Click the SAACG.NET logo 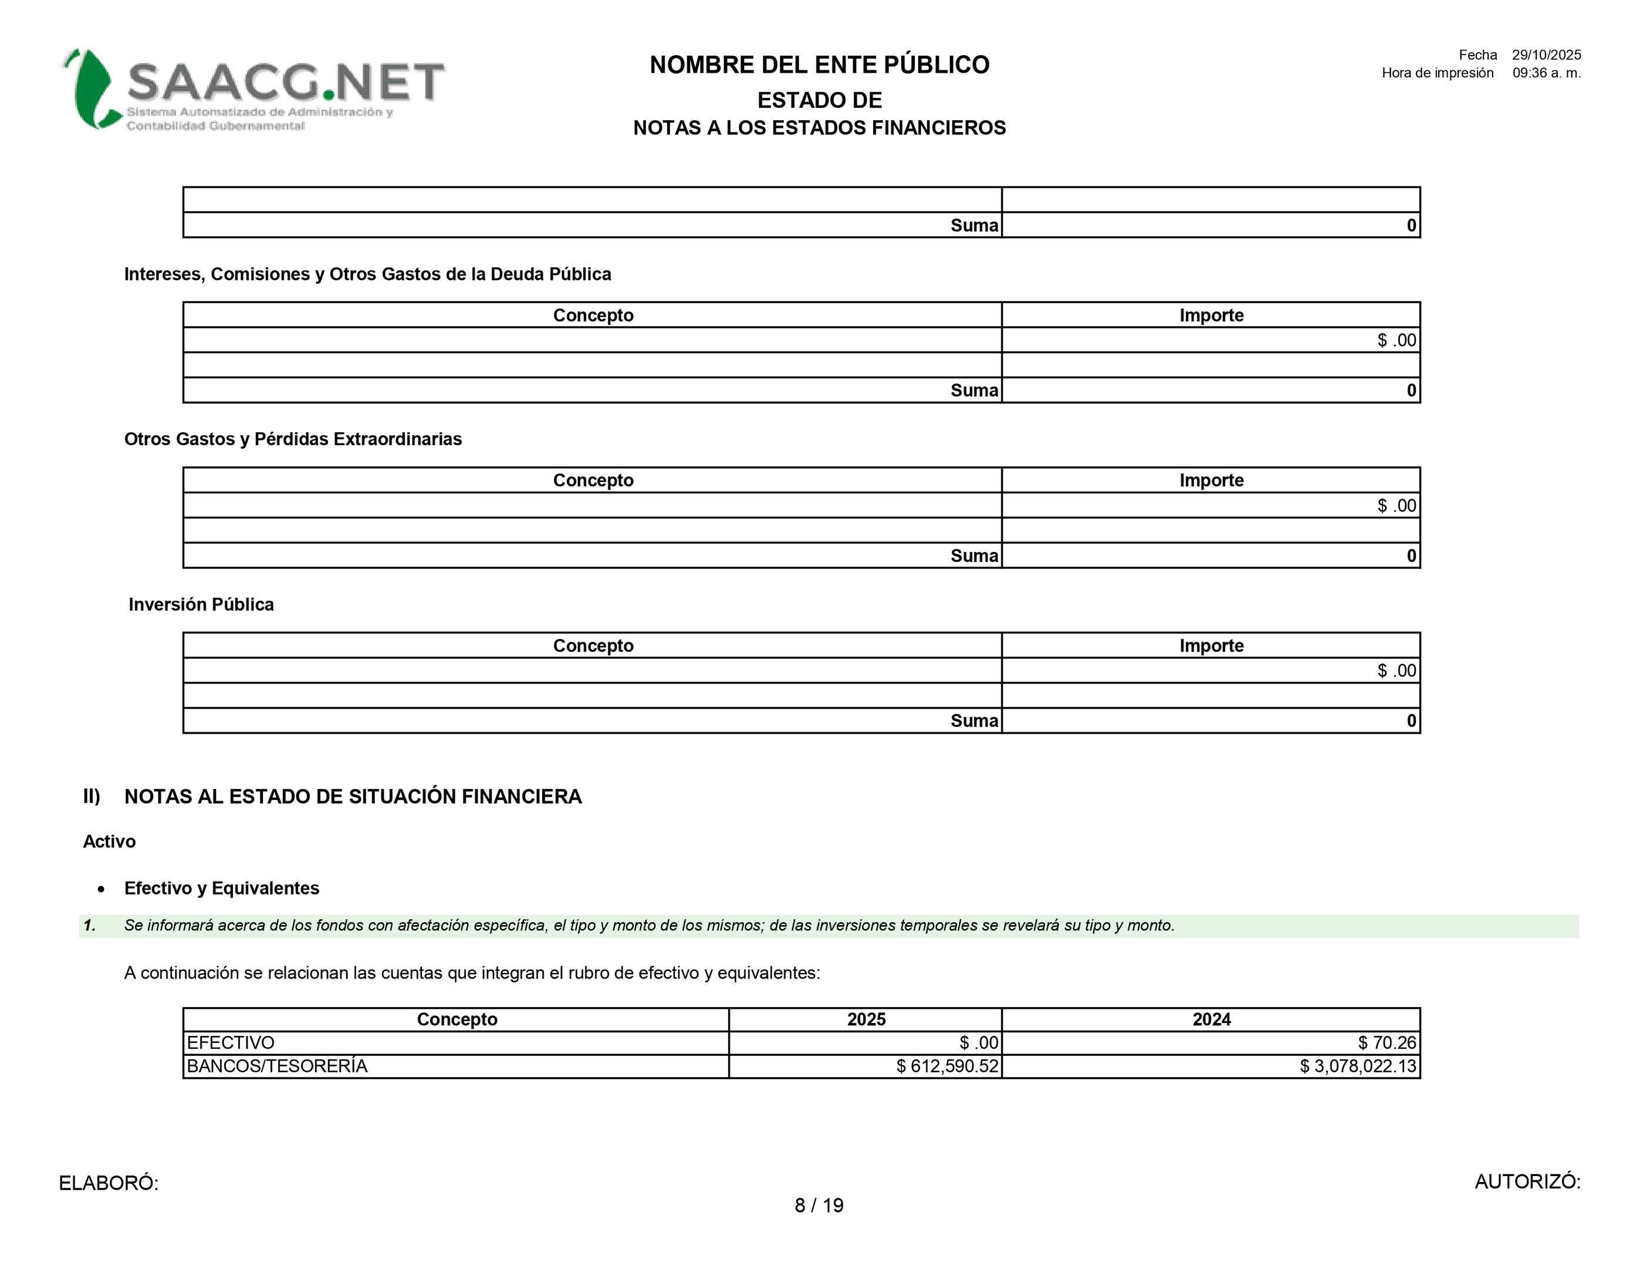[x=254, y=90]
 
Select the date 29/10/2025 [x=1546, y=55]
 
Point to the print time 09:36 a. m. [x=1546, y=73]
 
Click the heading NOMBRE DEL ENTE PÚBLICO [x=819, y=65]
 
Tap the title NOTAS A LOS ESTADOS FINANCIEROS [x=819, y=128]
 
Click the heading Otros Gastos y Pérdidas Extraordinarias [x=293, y=439]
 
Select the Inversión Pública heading [x=201, y=604]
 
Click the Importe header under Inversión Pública [x=1210, y=645]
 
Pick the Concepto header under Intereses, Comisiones [x=593, y=315]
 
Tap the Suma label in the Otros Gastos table [x=974, y=555]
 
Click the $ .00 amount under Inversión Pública [x=1396, y=670]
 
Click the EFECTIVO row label [x=231, y=1042]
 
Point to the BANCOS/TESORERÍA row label [x=277, y=1066]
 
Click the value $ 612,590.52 [x=947, y=1066]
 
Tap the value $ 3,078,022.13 [x=1358, y=1066]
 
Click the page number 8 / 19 [x=819, y=1205]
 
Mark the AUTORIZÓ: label [x=1527, y=1181]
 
